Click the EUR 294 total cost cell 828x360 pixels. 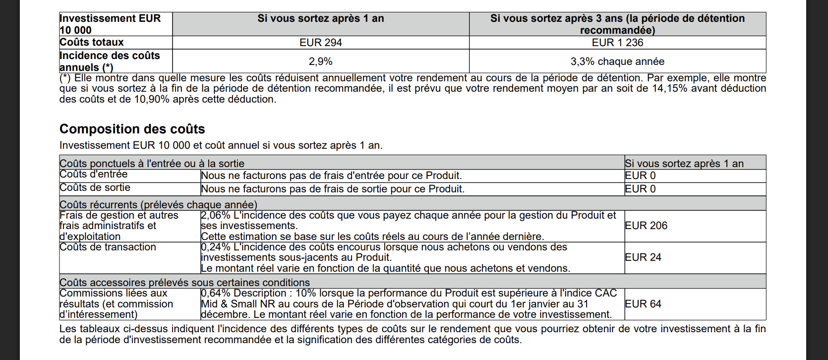pos(320,43)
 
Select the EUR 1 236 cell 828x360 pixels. pos(617,43)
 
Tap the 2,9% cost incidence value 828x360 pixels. pos(320,61)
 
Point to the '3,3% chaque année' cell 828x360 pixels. pos(617,61)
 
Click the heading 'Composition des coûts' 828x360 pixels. pos(132,129)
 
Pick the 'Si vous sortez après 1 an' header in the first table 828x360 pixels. pos(320,18)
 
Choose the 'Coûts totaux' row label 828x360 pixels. pos(92,42)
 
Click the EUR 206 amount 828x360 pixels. pos(646,226)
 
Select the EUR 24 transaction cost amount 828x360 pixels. pos(643,257)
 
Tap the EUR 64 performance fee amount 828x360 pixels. pos(643,304)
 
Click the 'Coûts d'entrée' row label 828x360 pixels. pos(94,174)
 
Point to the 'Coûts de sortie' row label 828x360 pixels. pos(95,187)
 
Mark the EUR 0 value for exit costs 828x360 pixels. pos(640,189)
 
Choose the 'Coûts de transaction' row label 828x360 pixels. pos(108,247)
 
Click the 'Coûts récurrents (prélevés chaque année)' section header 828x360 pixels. pos(158,205)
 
